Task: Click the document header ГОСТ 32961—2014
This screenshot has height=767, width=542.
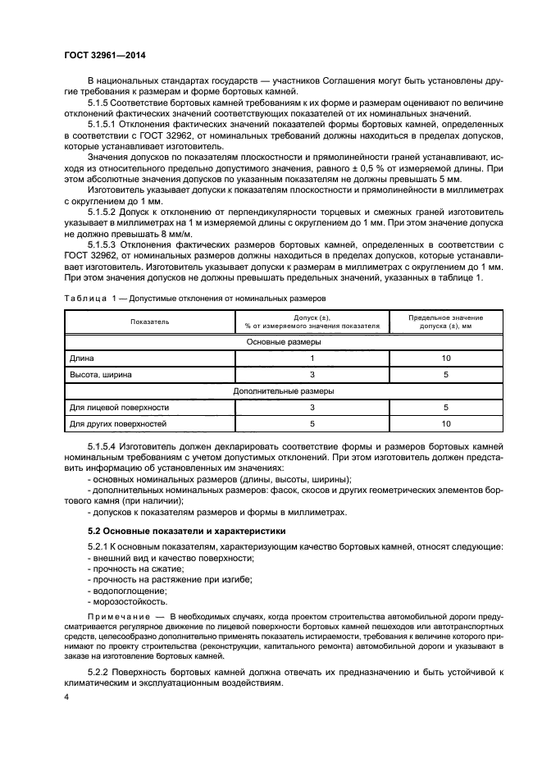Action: [110, 56]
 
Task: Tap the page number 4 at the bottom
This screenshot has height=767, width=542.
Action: [67, 696]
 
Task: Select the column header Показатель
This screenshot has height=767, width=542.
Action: [148, 322]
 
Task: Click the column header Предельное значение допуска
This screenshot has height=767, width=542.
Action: [446, 322]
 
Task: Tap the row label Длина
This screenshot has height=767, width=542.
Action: [82, 358]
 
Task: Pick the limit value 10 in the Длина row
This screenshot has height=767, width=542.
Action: [446, 358]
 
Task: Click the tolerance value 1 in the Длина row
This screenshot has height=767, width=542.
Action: [312, 358]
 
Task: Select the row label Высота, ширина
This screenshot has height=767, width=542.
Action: [100, 375]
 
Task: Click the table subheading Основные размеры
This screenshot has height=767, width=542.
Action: [284, 342]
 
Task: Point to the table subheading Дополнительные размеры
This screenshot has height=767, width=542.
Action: [284, 391]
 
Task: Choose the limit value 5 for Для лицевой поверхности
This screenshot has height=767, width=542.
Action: [446, 408]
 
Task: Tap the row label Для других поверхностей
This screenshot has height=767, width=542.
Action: [118, 424]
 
